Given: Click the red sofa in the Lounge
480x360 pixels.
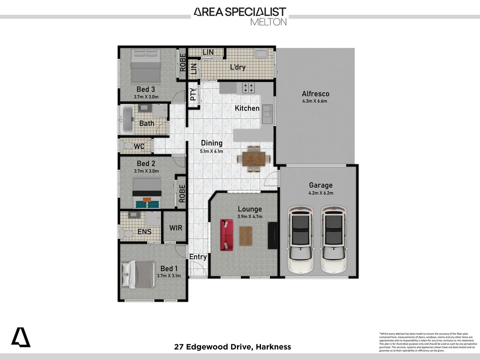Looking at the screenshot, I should pos(226,235).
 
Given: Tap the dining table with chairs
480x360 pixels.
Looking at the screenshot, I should pos(254,159).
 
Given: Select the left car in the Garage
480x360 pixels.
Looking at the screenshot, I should pos(301,239).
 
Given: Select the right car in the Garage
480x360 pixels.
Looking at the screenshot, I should pos(334,239).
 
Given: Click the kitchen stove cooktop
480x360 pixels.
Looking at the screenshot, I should pos(248,88).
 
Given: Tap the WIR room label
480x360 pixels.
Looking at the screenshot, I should pos(176,228).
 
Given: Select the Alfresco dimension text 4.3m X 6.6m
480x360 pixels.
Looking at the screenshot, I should pos(314,101).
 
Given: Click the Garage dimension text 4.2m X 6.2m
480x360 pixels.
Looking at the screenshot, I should pos(321,193).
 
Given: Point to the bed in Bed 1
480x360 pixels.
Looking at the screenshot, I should pos(139,274).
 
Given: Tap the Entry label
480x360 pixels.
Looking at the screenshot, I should pos(198,257).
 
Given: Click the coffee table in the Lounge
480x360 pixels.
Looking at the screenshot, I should pos(246,236).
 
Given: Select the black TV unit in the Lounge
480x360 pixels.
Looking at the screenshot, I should pos(272,235).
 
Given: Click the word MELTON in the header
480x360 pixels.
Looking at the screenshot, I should pos(268,22).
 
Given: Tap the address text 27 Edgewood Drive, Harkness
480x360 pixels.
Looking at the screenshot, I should pos(232,347).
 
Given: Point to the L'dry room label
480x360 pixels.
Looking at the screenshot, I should pos(238,67).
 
